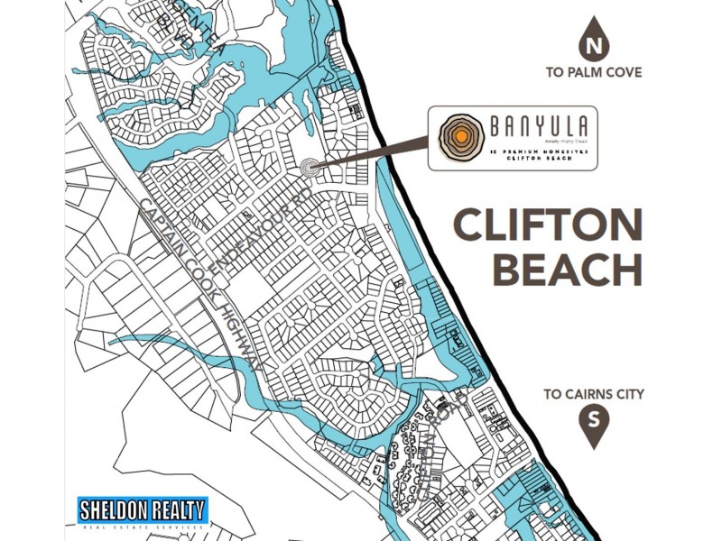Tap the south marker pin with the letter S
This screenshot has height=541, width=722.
tap(593, 422)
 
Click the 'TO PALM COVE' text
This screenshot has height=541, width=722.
tap(593, 72)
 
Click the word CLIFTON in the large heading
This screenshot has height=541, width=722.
tap(548, 225)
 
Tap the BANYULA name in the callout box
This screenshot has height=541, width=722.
tap(527, 127)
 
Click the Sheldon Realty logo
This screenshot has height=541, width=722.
tap(143, 511)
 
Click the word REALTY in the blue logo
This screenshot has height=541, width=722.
tap(175, 508)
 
